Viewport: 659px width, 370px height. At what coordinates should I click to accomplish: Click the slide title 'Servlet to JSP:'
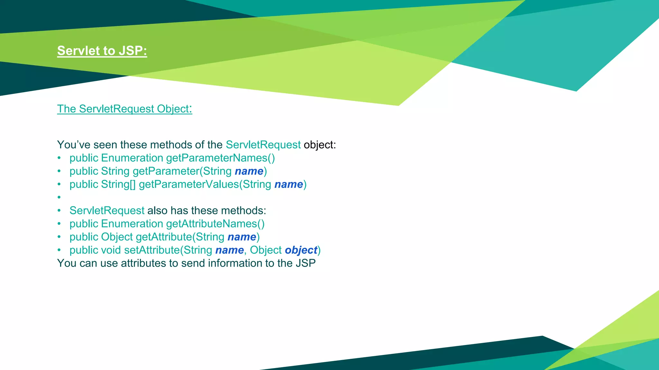pyautogui.click(x=102, y=51)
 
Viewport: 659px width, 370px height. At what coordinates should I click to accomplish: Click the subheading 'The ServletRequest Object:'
pyautogui.click(x=125, y=109)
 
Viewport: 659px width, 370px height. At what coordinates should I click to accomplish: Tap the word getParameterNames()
pyautogui.click(x=220, y=158)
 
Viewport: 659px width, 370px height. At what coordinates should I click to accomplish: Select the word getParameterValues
pyautogui.click(x=189, y=184)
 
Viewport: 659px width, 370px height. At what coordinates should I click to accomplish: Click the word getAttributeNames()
pyautogui.click(x=215, y=224)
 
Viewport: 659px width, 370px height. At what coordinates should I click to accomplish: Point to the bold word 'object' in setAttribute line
pyautogui.click(x=301, y=250)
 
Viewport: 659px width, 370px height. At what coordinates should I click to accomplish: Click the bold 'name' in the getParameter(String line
pyautogui.click(x=249, y=171)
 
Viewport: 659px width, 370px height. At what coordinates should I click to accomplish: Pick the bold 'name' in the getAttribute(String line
pyautogui.click(x=242, y=237)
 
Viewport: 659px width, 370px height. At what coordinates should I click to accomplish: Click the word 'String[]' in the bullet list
pyautogui.click(x=118, y=184)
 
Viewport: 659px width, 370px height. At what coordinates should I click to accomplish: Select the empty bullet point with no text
pyautogui.click(x=59, y=197)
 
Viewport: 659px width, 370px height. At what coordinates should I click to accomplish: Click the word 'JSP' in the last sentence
pyautogui.click(x=306, y=263)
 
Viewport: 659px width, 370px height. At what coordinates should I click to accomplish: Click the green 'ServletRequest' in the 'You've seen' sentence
pyautogui.click(x=263, y=145)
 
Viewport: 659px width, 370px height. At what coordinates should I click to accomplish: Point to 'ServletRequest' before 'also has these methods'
pyautogui.click(x=107, y=211)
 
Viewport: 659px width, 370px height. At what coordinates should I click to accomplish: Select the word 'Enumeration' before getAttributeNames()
pyautogui.click(x=132, y=224)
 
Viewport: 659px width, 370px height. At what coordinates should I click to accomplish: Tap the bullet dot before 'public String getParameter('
pyautogui.click(x=59, y=171)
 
